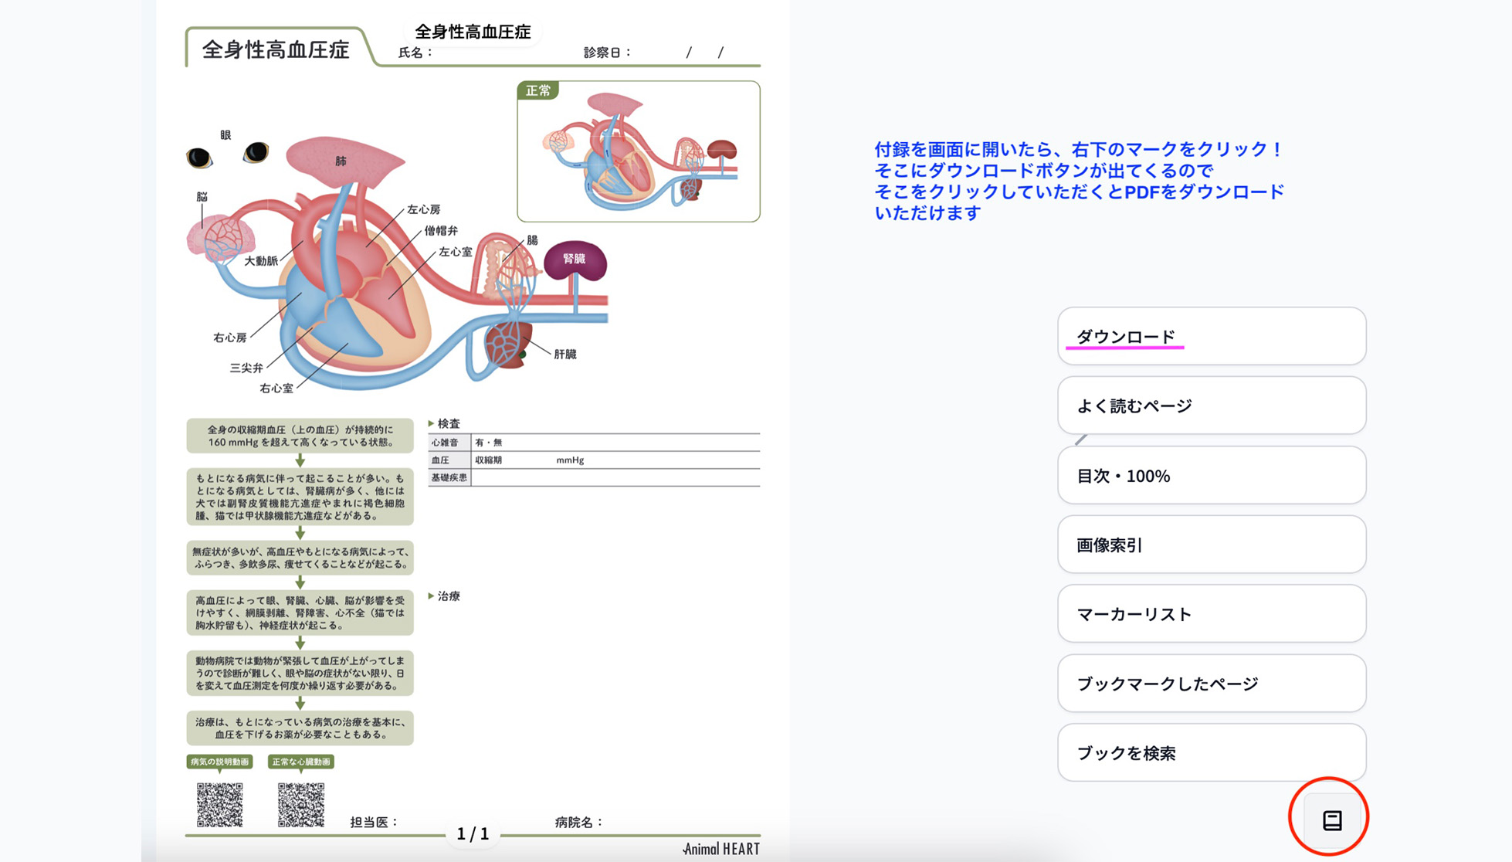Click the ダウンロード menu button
[x=1211, y=336]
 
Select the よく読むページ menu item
[x=1211, y=406]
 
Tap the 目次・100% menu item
[x=1211, y=475]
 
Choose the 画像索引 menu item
[x=1211, y=545]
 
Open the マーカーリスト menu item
[x=1211, y=614]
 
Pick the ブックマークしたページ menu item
[x=1211, y=684]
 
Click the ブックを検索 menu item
[x=1211, y=753]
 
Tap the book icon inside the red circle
[x=1331, y=820]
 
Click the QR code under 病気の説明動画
[x=219, y=804]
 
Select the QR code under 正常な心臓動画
[x=300, y=804]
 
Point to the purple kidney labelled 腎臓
[x=575, y=260]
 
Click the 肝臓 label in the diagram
[x=564, y=355]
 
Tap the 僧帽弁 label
[x=441, y=230]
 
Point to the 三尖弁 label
[x=246, y=368]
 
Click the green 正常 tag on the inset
[x=538, y=91]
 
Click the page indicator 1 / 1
[x=473, y=834]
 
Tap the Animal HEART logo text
[x=721, y=849]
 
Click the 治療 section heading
[x=448, y=596]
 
